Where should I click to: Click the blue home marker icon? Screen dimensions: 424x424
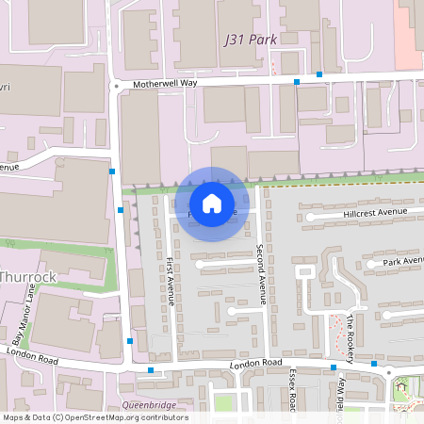(212, 203)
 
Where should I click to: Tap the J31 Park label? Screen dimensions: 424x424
(251, 41)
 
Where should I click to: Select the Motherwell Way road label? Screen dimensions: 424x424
(164, 84)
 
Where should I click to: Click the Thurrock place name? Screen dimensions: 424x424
(28, 277)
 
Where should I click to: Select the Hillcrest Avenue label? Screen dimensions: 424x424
(374, 213)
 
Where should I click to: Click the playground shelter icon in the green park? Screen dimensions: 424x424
(402, 383)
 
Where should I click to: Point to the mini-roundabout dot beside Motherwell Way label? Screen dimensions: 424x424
(117, 85)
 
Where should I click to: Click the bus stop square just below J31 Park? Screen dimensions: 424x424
(319, 73)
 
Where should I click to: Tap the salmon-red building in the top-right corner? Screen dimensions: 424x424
(409, 33)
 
